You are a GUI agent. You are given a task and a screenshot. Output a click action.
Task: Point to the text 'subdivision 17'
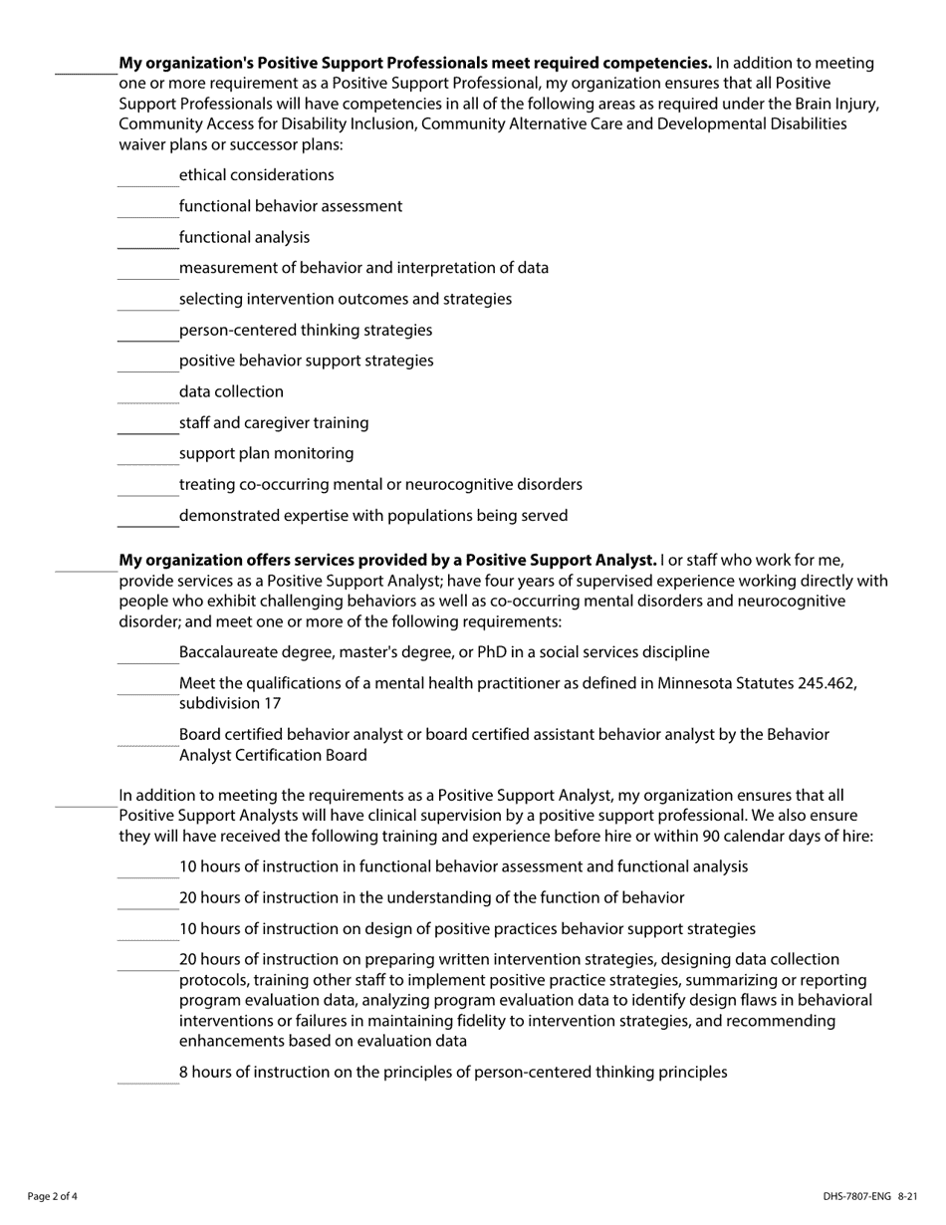click(230, 703)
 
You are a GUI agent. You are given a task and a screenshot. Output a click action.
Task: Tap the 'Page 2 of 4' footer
click(52, 1196)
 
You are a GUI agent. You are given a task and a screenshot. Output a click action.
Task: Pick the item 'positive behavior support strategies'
click(306, 361)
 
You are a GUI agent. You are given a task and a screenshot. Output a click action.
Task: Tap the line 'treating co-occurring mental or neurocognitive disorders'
click(380, 484)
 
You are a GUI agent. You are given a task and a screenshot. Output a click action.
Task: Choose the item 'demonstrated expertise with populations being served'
click(373, 516)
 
